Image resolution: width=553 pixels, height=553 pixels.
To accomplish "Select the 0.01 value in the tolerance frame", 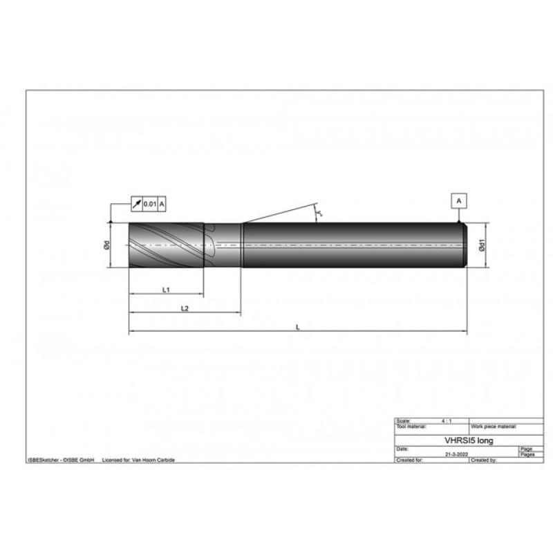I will (149, 203).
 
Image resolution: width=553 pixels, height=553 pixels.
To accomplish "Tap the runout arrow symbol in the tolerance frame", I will (136, 203).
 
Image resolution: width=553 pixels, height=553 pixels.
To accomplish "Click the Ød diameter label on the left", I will (106, 245).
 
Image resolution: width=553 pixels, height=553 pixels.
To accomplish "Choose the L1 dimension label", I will (166, 290).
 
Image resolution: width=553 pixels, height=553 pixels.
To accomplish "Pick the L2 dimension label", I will (185, 308).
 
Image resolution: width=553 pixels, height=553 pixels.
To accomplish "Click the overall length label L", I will (297, 328).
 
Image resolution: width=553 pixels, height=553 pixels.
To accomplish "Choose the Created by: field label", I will (485, 460).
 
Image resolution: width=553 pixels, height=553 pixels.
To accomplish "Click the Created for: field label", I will (410, 460).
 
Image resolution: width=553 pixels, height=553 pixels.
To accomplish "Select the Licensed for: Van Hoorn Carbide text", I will (138, 460).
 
